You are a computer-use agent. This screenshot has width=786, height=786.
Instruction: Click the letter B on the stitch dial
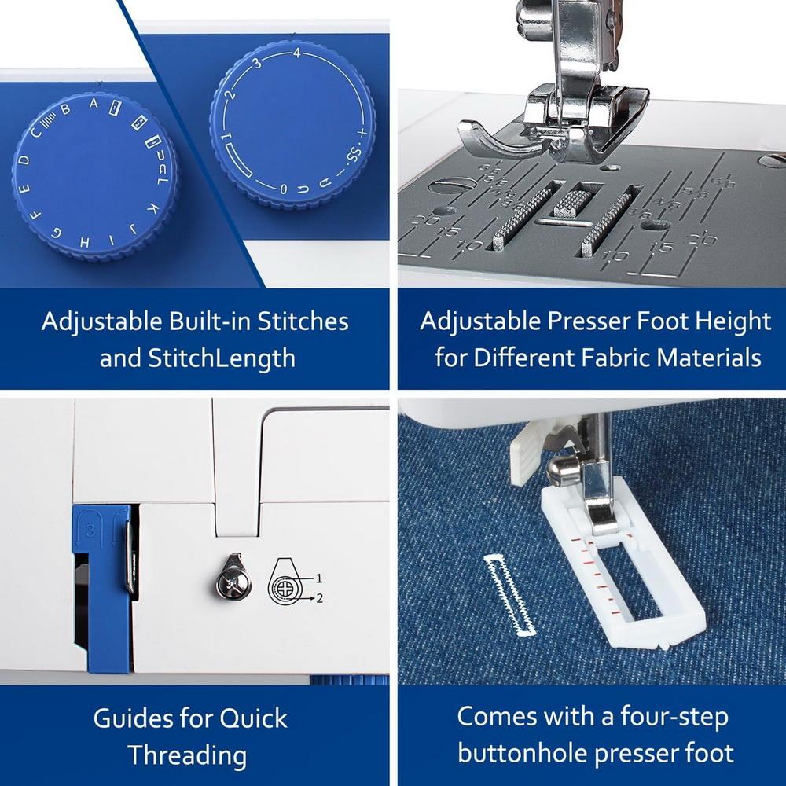click(65, 110)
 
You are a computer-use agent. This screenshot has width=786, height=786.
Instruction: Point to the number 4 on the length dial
click(296, 53)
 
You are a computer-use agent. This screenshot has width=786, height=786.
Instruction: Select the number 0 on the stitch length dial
click(283, 189)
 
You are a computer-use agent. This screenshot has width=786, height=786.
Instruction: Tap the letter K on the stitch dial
click(155, 208)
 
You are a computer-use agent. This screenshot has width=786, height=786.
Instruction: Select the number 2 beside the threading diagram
click(319, 598)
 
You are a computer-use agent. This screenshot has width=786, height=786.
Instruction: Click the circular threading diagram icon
click(285, 585)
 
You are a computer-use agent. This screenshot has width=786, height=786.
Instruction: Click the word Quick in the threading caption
click(252, 718)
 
